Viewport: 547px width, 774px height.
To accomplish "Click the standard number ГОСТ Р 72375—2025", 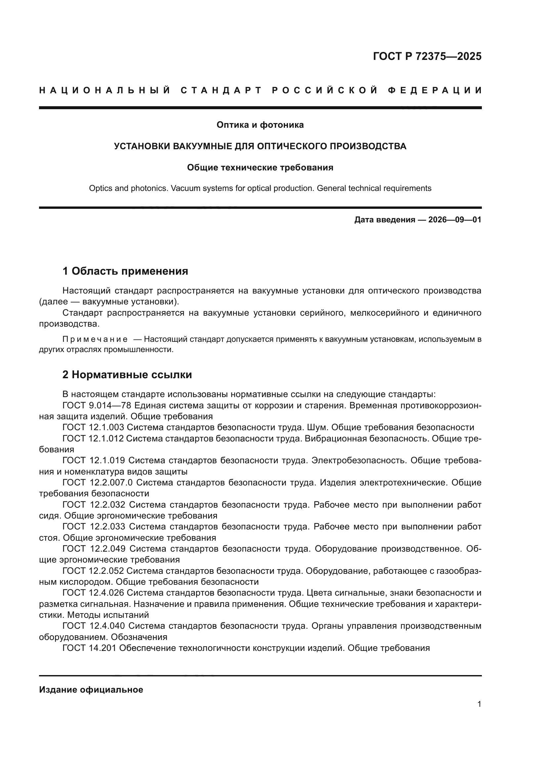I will [x=427, y=56].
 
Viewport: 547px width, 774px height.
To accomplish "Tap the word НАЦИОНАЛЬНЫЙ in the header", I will [x=105, y=90].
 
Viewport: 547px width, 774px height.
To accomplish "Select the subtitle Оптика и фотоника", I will [x=260, y=125].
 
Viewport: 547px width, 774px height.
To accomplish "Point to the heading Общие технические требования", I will [x=260, y=167].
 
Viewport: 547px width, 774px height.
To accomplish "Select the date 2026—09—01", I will [x=454, y=220].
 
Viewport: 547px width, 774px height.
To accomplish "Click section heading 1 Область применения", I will [x=125, y=271].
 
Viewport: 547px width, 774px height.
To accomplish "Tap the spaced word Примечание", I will [x=95, y=339].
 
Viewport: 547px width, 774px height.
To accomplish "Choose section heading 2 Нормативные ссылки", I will [x=127, y=375].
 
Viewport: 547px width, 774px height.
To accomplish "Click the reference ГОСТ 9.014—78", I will [x=97, y=406].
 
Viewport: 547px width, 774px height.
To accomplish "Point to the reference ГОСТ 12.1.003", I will [x=93, y=428].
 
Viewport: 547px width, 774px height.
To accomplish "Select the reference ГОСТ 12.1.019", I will [x=94, y=461].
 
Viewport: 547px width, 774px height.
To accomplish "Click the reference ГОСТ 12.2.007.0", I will [x=98, y=483].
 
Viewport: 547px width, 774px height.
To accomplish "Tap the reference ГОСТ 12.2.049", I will [x=94, y=549].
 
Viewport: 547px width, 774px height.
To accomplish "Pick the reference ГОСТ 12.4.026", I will [x=93, y=593].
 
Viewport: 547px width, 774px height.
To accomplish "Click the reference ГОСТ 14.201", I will [x=89, y=648].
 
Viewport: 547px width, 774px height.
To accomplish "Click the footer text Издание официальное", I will [x=91, y=690].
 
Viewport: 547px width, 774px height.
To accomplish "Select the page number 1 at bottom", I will [x=479, y=704].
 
